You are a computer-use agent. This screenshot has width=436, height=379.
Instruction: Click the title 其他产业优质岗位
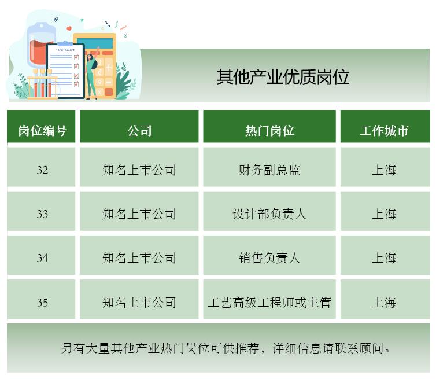point(283,77)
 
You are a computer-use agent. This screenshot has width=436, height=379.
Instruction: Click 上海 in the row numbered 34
point(384,257)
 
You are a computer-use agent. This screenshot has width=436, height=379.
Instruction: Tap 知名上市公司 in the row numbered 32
point(139,170)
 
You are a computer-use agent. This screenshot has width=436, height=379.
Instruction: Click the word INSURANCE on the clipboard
point(66,50)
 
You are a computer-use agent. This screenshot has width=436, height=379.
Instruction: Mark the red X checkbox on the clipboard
point(76,76)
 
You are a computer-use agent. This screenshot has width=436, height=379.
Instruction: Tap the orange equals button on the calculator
point(109,92)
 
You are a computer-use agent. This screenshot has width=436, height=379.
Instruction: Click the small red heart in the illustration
point(69,28)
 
